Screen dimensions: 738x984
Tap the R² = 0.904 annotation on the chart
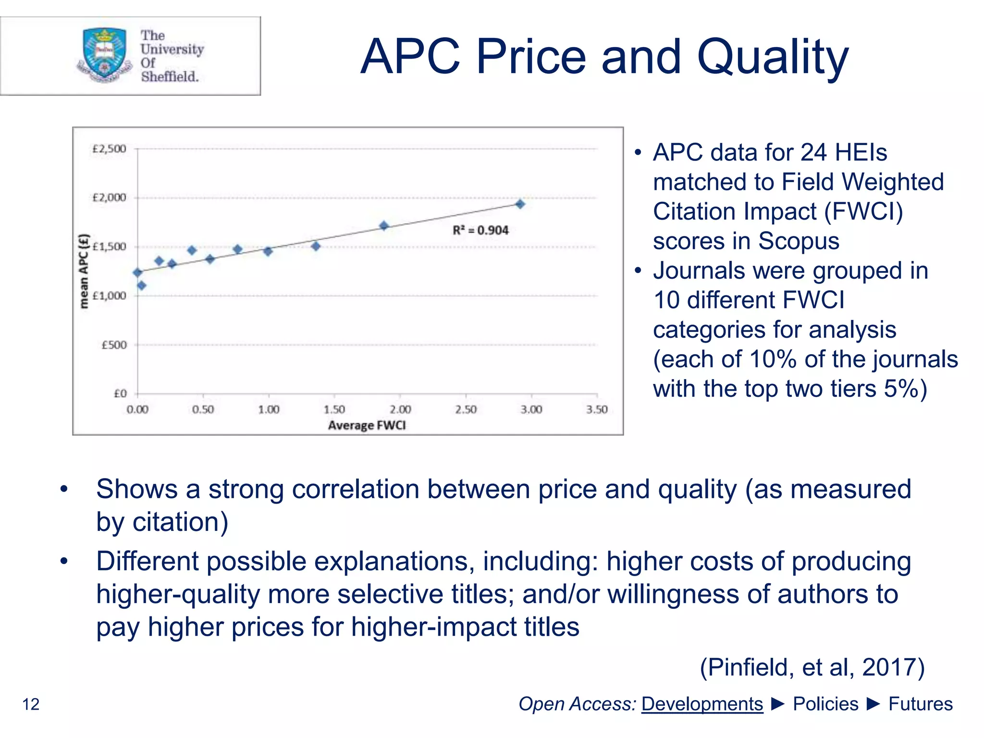click(480, 231)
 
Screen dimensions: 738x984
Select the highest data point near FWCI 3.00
click(520, 204)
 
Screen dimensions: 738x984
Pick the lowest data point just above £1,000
click(142, 286)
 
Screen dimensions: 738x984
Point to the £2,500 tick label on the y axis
click(109, 149)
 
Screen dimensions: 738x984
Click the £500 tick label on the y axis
click(114, 345)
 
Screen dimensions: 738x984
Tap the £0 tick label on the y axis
click(120, 394)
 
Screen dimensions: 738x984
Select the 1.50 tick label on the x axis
click(334, 410)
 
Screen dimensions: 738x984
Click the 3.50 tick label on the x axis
click(597, 410)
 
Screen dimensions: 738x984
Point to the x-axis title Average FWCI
click(367, 426)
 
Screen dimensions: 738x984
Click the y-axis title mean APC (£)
click(84, 271)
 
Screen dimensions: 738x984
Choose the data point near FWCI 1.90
click(384, 226)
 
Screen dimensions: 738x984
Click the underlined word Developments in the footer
click(702, 704)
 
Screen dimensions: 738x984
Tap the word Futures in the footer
click(920, 704)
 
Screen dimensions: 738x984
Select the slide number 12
click(31, 704)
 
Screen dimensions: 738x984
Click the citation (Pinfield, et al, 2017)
click(812, 667)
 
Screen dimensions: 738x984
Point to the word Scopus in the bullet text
click(798, 241)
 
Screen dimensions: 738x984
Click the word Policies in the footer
click(825, 704)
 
